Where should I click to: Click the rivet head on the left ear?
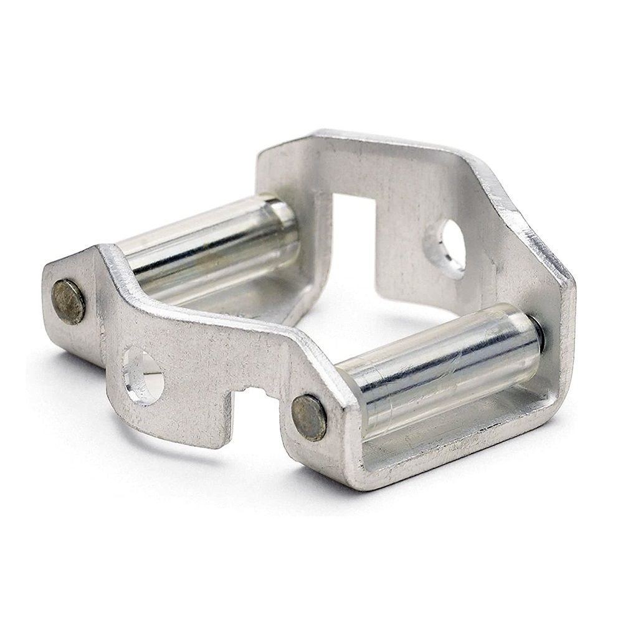(69, 302)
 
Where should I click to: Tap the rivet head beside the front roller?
(309, 417)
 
